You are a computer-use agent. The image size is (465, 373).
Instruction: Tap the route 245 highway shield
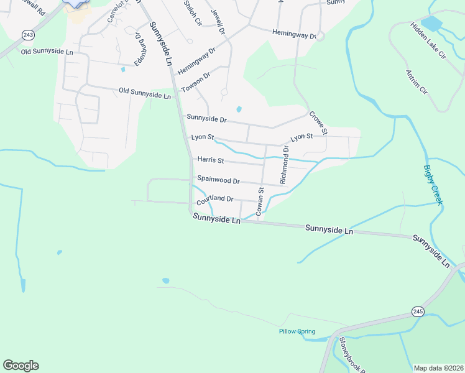tap(418, 311)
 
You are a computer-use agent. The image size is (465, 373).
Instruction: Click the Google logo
tap(21, 366)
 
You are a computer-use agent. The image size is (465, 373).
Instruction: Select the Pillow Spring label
tap(297, 331)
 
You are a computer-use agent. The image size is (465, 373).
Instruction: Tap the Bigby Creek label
tap(433, 185)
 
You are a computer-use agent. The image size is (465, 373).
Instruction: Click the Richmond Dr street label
tap(284, 165)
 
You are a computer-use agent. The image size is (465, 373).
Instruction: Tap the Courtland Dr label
tap(214, 200)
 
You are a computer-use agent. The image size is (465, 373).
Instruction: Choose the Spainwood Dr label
tap(218, 180)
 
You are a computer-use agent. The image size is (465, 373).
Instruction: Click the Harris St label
tap(211, 160)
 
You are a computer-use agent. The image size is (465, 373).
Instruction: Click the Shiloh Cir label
tap(193, 12)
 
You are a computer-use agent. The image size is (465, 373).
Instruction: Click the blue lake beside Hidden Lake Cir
tap(431, 24)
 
